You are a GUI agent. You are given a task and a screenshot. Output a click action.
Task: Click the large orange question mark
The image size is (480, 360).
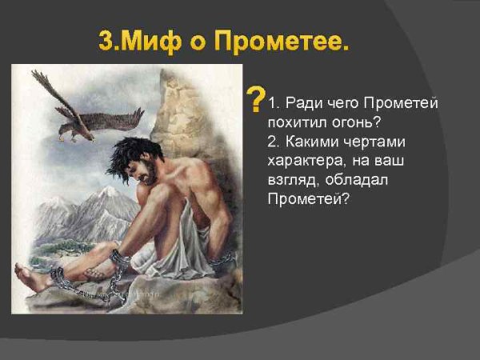point(254,100)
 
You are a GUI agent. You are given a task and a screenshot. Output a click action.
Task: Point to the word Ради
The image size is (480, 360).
point(303,105)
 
